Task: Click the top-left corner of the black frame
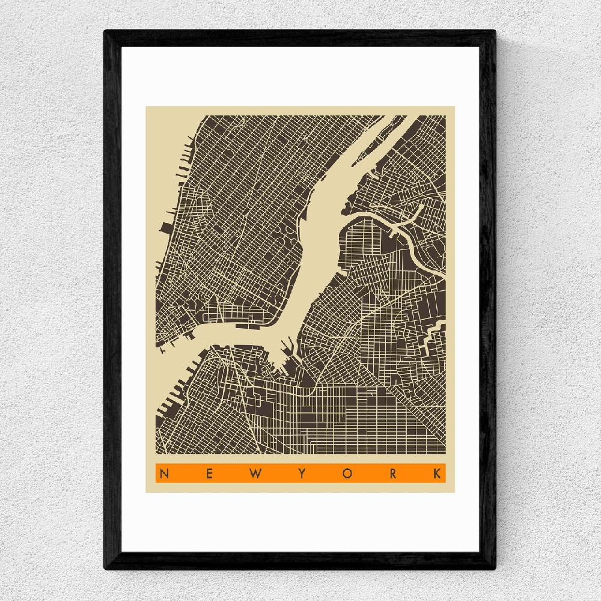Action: point(106,31)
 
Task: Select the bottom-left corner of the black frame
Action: point(106,568)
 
